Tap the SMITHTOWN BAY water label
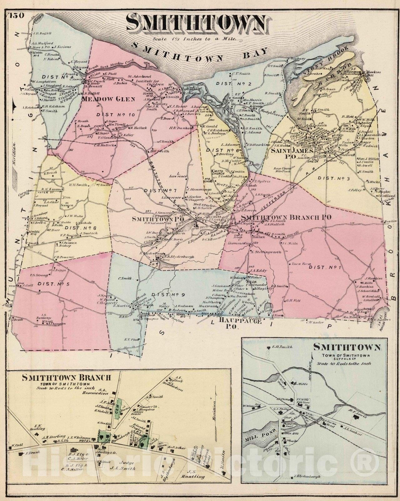point(200,52)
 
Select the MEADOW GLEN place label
point(108,99)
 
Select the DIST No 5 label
point(51,284)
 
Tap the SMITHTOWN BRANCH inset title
point(67,378)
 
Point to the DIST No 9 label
point(165,295)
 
